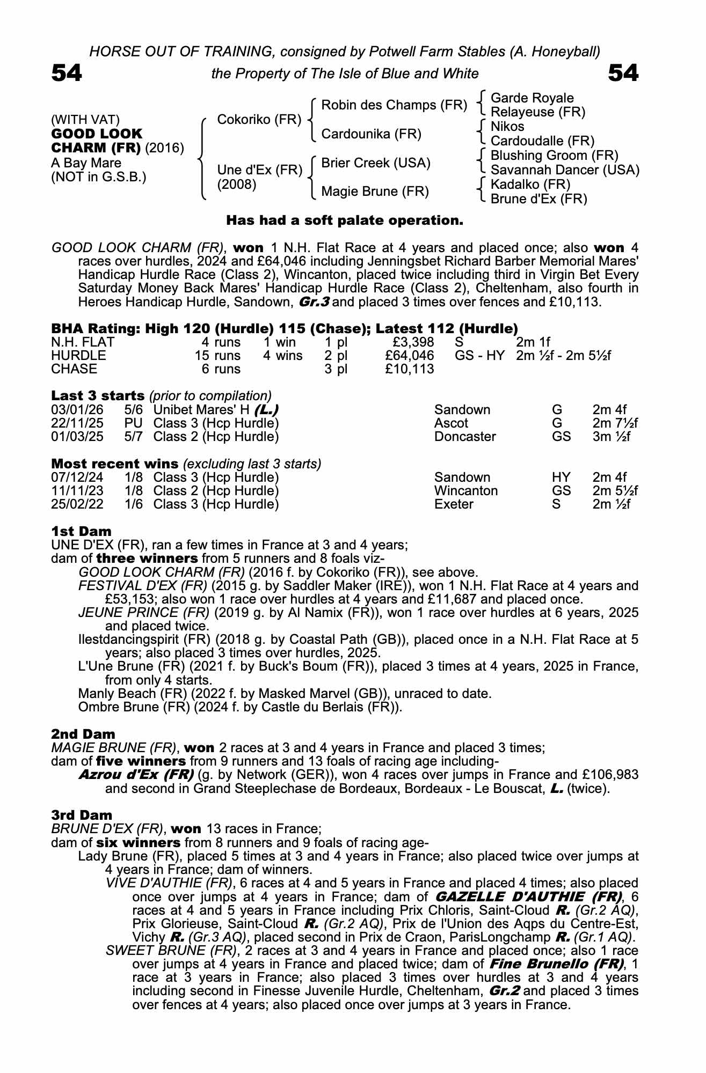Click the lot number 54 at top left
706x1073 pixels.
[x=67, y=73]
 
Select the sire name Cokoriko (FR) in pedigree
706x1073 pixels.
[x=259, y=119]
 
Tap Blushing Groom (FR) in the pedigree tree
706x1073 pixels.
[x=554, y=156]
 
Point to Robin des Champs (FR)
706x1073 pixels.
[x=394, y=105]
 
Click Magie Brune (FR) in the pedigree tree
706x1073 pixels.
[x=375, y=192]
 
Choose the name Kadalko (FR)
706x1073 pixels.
[x=530, y=185]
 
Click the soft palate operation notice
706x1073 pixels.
[x=344, y=221]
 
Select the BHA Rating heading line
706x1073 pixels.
[x=285, y=328]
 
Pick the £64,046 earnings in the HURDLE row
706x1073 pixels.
[x=410, y=356]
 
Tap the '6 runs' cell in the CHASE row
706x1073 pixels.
[x=221, y=369]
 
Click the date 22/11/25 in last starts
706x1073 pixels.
[x=77, y=423]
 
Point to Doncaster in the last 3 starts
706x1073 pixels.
[x=465, y=437]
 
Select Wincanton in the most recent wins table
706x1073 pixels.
[x=465, y=491]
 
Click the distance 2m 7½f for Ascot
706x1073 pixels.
[x=615, y=423]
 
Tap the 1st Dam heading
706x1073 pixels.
[x=82, y=531]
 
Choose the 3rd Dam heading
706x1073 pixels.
[x=82, y=815]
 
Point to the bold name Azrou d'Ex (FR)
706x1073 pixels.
[x=136, y=775]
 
